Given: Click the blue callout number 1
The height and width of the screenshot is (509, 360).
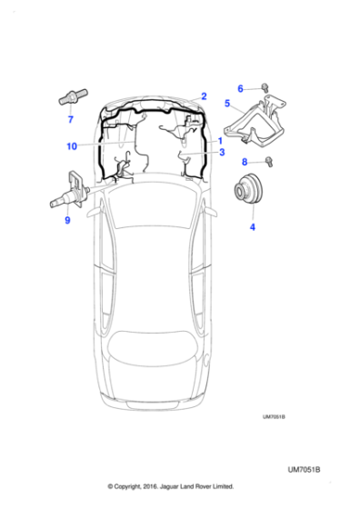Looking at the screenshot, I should coord(219,141).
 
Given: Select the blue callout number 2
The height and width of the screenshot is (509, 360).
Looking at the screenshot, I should coord(204,95).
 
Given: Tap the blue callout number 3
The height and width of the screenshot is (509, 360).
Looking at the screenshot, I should coord(221,153).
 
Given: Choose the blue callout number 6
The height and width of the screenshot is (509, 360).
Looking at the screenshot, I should coord(241,88).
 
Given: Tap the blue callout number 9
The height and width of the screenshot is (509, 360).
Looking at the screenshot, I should coord(66,219).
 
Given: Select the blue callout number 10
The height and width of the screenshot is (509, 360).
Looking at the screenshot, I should coord(71,146).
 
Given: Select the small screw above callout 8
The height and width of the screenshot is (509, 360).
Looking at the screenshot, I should coord(271,165).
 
